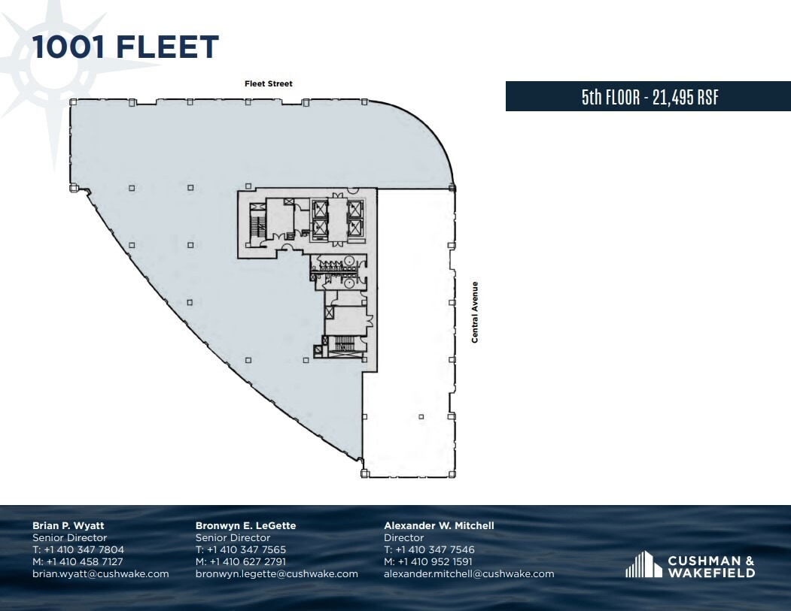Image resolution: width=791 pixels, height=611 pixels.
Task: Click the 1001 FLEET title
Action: (x=125, y=47)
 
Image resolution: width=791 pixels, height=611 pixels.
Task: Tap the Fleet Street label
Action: (x=269, y=84)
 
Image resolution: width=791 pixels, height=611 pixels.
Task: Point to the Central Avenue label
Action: (x=475, y=312)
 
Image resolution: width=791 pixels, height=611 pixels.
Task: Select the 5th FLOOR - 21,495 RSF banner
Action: (x=648, y=97)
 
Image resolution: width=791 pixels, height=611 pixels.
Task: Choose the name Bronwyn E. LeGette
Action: (x=245, y=526)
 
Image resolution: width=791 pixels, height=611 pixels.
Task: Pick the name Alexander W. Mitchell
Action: (x=439, y=526)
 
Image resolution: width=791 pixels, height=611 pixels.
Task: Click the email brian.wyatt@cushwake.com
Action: (x=100, y=574)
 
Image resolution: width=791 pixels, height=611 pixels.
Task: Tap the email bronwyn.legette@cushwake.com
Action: (x=276, y=574)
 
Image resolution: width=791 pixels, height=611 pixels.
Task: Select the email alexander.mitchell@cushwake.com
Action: (x=469, y=574)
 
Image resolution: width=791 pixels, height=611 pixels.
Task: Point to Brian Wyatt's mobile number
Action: (x=78, y=562)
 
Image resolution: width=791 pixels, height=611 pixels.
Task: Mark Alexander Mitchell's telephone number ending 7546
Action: (x=429, y=550)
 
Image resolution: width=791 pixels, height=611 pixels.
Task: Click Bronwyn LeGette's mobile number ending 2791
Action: (x=241, y=562)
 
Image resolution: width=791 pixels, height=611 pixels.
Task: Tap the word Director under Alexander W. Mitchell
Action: (x=404, y=538)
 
